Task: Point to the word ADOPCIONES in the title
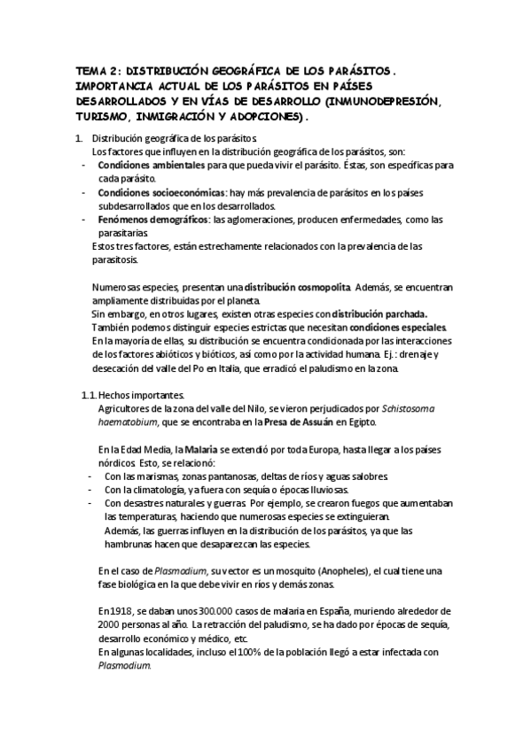[263, 116]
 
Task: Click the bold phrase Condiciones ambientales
[152, 166]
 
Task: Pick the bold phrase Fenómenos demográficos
[153, 220]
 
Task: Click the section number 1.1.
[88, 394]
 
